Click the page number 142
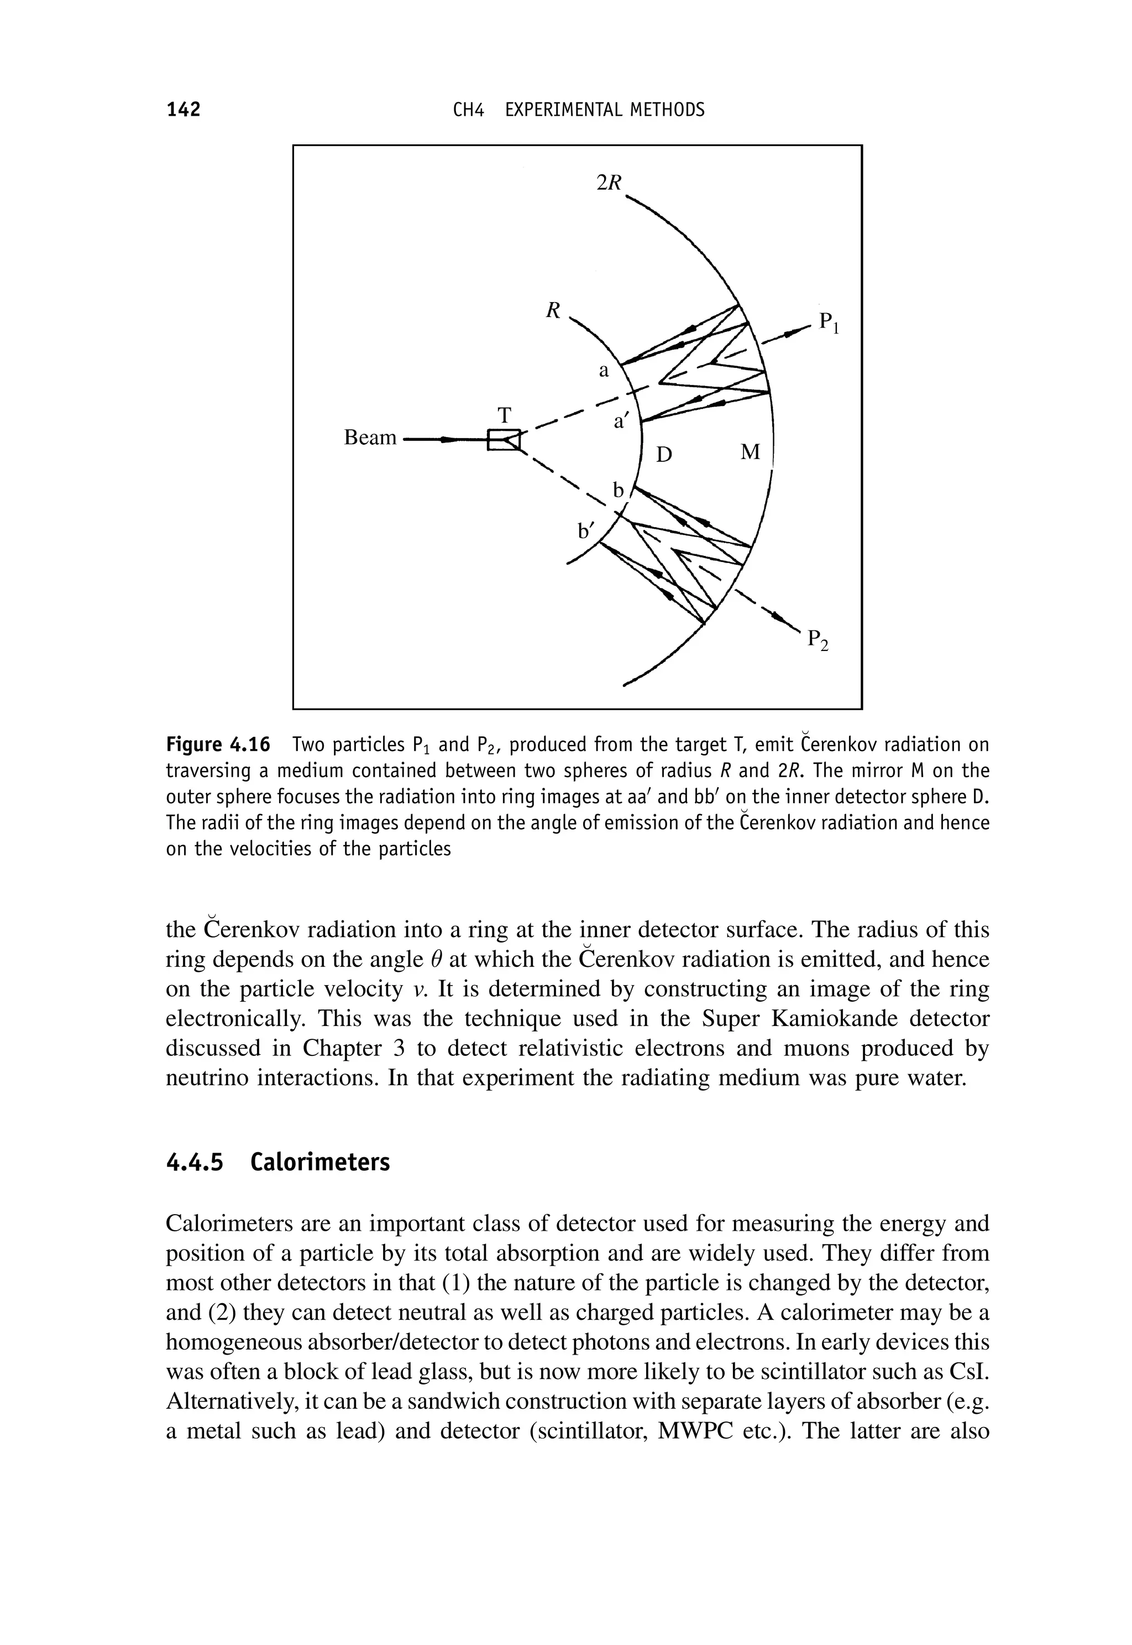[184, 110]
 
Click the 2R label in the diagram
[609, 183]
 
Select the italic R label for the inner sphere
[553, 310]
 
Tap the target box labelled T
[504, 440]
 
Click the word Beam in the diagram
[370, 438]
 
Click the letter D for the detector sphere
[663, 455]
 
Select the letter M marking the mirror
[750, 452]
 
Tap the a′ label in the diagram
[621, 422]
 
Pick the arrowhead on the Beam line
[447, 440]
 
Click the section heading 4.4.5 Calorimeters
[277, 1163]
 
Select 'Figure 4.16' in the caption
[218, 745]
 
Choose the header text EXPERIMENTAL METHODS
[604, 110]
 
